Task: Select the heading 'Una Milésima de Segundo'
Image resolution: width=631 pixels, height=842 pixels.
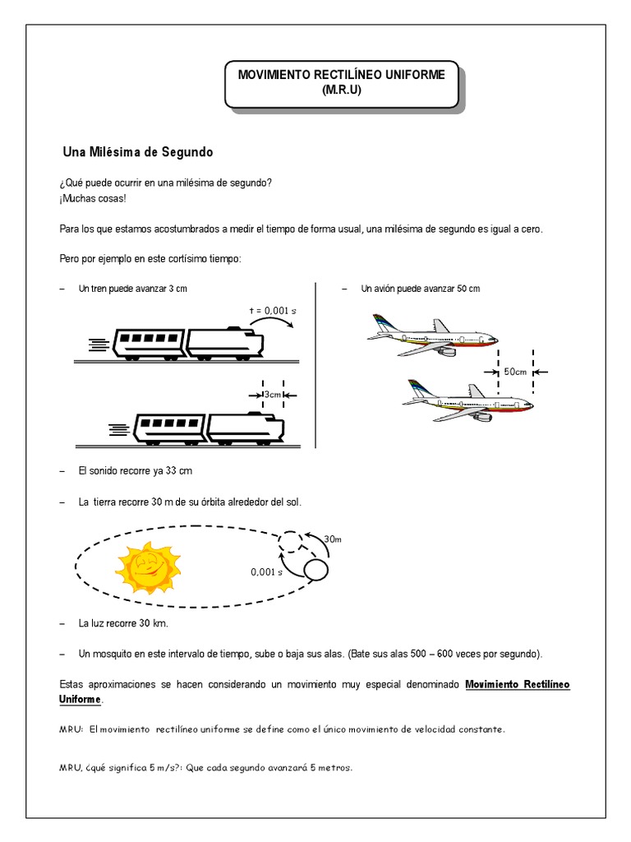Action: point(138,152)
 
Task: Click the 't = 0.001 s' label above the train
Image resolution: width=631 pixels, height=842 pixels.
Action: point(273,310)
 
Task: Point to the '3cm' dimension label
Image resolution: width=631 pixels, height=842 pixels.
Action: point(273,395)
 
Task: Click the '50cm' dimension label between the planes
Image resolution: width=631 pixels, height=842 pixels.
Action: point(515,372)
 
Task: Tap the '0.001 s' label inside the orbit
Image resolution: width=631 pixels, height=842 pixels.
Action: point(266,572)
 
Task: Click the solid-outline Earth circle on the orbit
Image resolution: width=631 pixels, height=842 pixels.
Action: point(315,569)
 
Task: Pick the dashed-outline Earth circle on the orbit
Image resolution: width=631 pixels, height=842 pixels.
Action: point(292,541)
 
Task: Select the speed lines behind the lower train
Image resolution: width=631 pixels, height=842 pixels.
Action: point(119,428)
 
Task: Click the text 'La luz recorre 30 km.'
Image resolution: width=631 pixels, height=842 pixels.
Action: point(123,623)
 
